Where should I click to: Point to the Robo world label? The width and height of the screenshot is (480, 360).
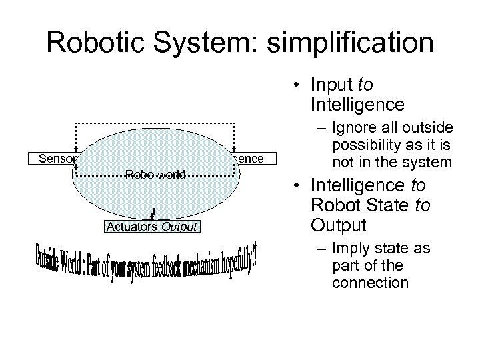(155, 175)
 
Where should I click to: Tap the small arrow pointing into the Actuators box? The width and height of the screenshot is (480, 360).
(154, 213)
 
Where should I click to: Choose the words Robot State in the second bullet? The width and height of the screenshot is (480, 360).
(366, 205)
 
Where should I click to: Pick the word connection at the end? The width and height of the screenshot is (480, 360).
(361, 282)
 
